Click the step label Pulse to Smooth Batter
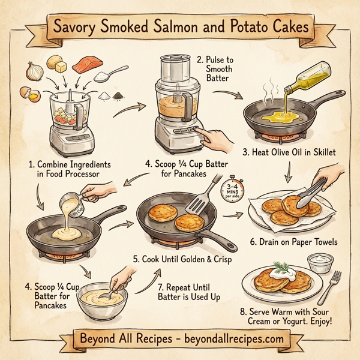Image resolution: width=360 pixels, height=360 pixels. point(220,68)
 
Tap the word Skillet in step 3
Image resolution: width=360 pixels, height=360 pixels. point(320,152)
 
